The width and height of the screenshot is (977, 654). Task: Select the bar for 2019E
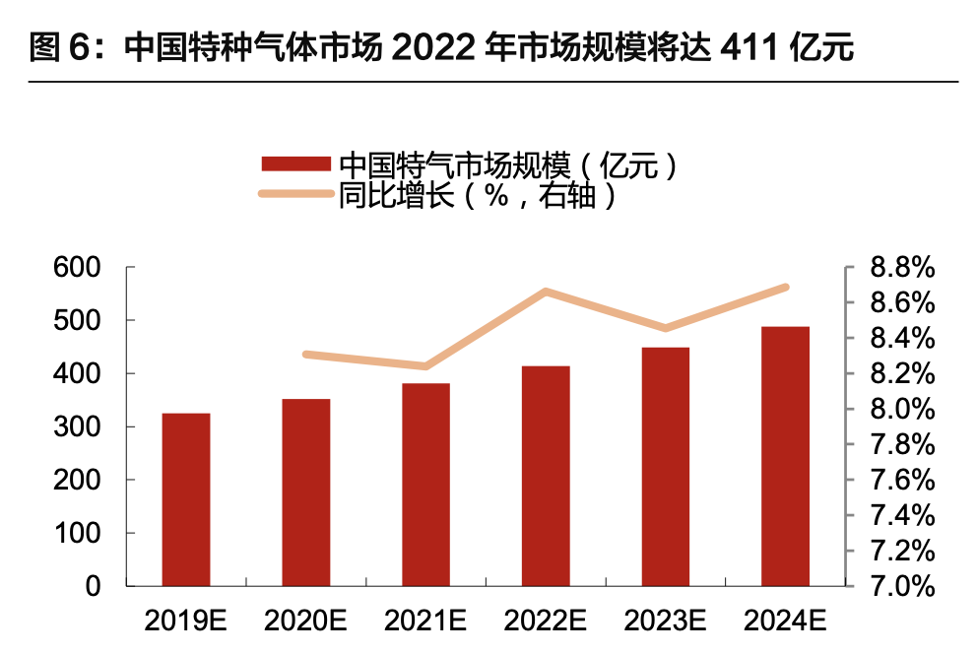pyautogui.click(x=186, y=499)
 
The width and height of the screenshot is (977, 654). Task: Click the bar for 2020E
pyautogui.click(x=305, y=492)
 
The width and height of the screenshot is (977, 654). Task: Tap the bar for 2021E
pyautogui.click(x=425, y=485)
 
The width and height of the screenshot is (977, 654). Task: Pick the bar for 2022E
pyautogui.click(x=546, y=476)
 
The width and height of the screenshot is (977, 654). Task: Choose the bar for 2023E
pyautogui.click(x=666, y=467)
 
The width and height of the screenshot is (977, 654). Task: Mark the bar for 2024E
pyautogui.click(x=785, y=456)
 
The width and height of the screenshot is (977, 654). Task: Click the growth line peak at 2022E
pyautogui.click(x=546, y=292)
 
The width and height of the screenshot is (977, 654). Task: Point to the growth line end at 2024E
pyautogui.click(x=785, y=287)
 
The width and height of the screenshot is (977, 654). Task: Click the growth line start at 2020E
pyautogui.click(x=306, y=354)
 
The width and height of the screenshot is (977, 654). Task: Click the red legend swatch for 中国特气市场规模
pyautogui.click(x=295, y=164)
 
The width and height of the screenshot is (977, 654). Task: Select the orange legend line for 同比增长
pyautogui.click(x=295, y=194)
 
